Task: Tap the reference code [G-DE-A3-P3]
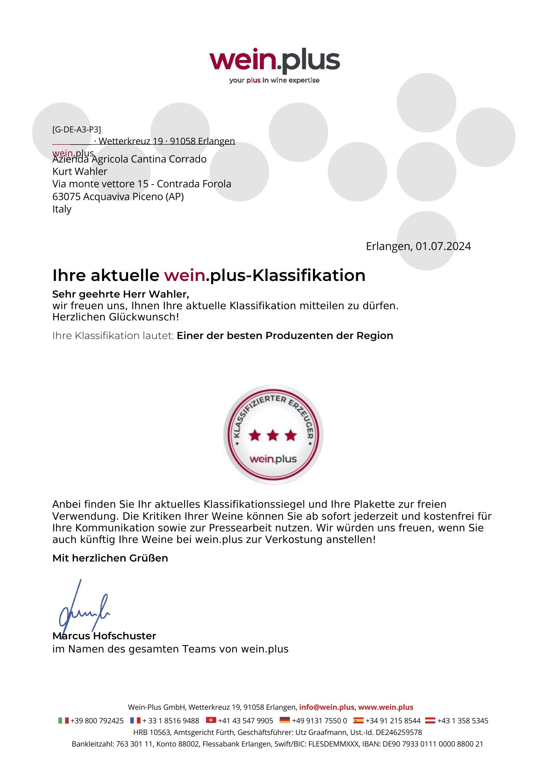tap(77, 129)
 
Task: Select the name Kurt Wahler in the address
tap(80, 171)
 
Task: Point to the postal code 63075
tap(66, 197)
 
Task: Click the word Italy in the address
tap(62, 209)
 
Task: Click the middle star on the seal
tap(273, 435)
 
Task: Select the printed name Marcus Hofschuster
tap(104, 636)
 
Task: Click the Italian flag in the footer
tap(63, 721)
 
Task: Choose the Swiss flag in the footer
tap(211, 720)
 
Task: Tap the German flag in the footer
tap(285, 720)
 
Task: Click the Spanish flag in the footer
tap(359, 720)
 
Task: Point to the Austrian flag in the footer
tap(430, 720)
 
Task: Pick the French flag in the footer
tap(135, 720)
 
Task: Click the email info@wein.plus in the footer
tap(326, 707)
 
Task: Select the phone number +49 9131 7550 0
tap(320, 721)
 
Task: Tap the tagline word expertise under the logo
tap(304, 80)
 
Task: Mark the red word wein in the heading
tap(185, 276)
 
